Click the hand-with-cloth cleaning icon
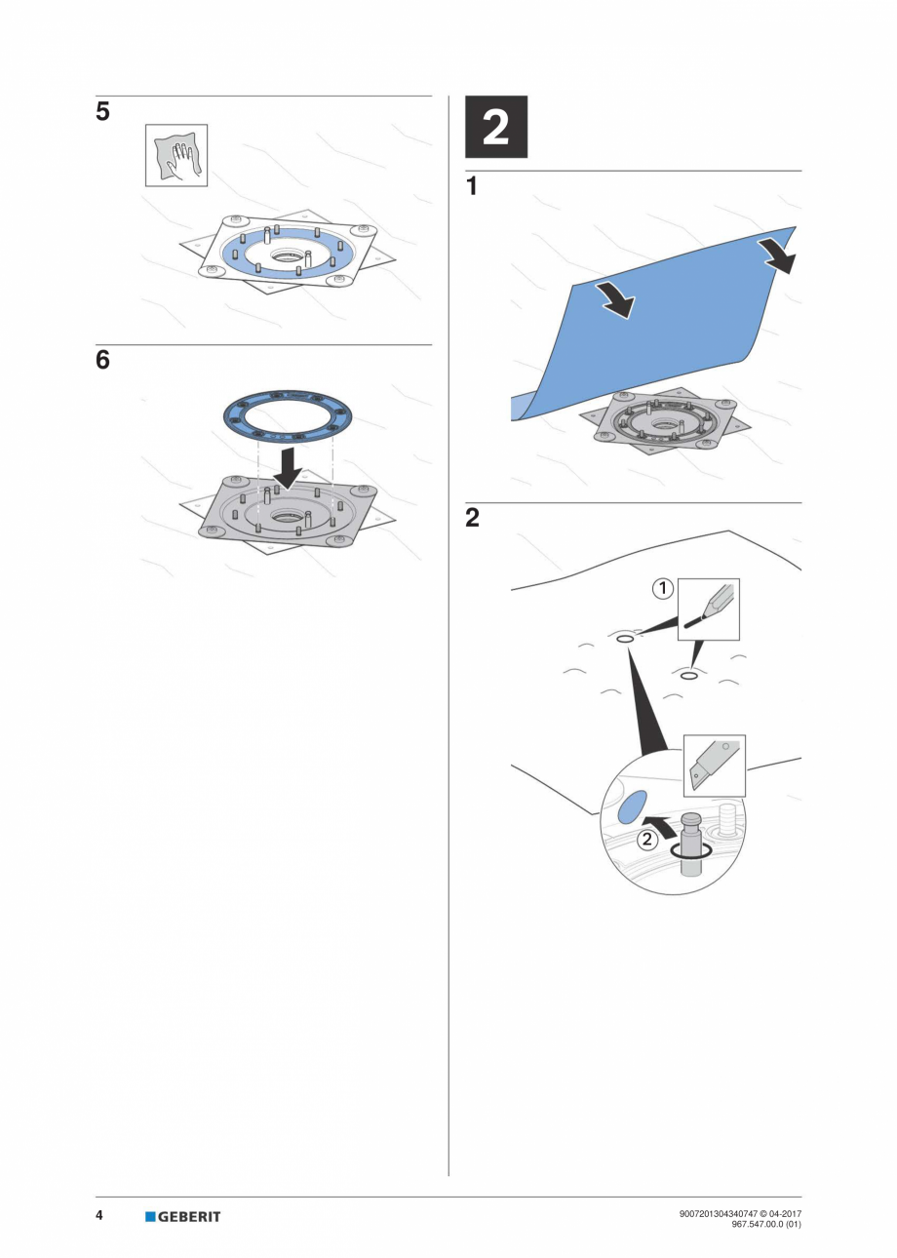[176, 155]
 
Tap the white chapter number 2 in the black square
[495, 127]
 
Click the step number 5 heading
[102, 112]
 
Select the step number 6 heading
[102, 361]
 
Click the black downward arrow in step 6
[287, 466]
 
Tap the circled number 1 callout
[663, 588]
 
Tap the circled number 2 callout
[647, 840]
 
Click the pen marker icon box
[708, 609]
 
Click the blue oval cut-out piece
[633, 807]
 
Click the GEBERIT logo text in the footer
[189, 1216]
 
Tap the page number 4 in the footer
[100, 1215]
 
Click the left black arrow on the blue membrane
[614, 299]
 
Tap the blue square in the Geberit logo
[150, 1216]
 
